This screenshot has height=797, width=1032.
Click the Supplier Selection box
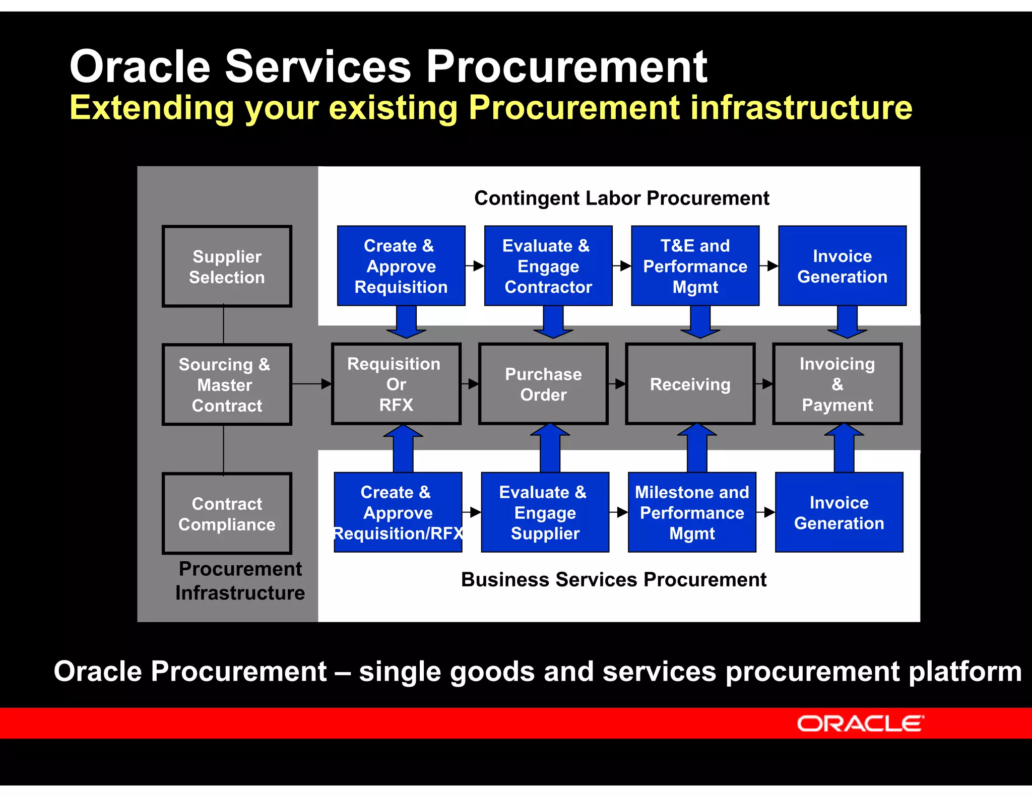click(227, 266)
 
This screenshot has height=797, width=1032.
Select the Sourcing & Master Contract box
click(227, 384)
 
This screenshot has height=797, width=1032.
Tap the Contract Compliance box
click(227, 513)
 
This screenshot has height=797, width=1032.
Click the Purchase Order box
click(543, 384)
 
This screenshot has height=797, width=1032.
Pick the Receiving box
click(690, 384)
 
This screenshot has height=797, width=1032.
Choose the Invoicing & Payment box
click(837, 384)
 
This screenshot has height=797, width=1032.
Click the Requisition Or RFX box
click(396, 384)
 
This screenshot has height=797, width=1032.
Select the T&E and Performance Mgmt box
click(695, 265)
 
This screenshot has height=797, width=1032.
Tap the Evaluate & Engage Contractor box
click(548, 265)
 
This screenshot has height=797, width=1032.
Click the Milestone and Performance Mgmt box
click(692, 512)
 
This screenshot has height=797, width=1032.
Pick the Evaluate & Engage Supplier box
click(545, 512)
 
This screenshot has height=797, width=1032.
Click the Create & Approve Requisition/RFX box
click(398, 512)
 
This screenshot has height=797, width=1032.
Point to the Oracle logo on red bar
click(860, 723)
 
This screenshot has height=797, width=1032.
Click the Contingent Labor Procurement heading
click(621, 198)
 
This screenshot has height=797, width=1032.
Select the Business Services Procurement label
click(613, 579)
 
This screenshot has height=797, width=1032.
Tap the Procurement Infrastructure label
click(240, 581)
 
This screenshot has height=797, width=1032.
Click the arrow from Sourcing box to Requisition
click(311, 384)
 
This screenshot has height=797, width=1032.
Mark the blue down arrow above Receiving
click(700, 322)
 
